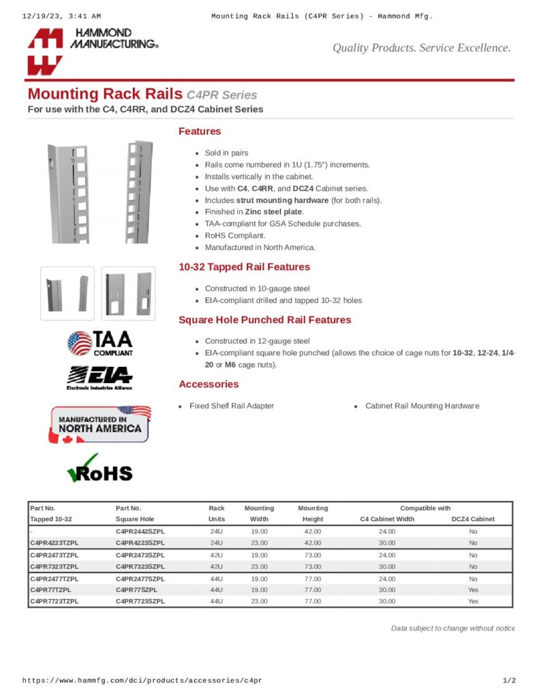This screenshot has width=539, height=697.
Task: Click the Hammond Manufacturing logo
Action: tap(93, 50)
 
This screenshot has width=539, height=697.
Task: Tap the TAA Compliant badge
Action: tap(100, 343)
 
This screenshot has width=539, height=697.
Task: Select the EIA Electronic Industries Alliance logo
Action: tap(99, 378)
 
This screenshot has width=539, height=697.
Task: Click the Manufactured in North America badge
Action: tap(99, 425)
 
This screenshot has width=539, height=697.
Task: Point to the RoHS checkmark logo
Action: tap(99, 468)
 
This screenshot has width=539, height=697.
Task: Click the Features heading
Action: tap(200, 131)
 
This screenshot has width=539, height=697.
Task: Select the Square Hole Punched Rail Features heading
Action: tap(264, 320)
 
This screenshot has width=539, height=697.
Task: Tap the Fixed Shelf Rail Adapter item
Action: tap(232, 406)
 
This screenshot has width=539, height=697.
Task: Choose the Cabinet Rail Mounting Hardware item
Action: tap(422, 406)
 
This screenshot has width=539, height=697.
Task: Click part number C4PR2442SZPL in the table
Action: tap(140, 531)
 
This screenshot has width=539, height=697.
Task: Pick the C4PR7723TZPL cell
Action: tap(55, 602)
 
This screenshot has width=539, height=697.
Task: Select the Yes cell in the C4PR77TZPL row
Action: tap(473, 590)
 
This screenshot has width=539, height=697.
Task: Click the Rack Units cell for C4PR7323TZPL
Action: tap(217, 566)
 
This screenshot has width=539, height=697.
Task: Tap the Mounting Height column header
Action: tap(313, 513)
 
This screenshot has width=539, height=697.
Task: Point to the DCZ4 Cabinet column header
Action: tap(473, 519)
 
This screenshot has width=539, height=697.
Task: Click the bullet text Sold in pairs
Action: tap(226, 153)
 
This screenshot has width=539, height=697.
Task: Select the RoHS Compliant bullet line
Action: tap(236, 236)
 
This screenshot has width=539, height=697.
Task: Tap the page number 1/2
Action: tap(508, 681)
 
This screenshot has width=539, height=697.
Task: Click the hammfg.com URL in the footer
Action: tap(142, 681)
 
